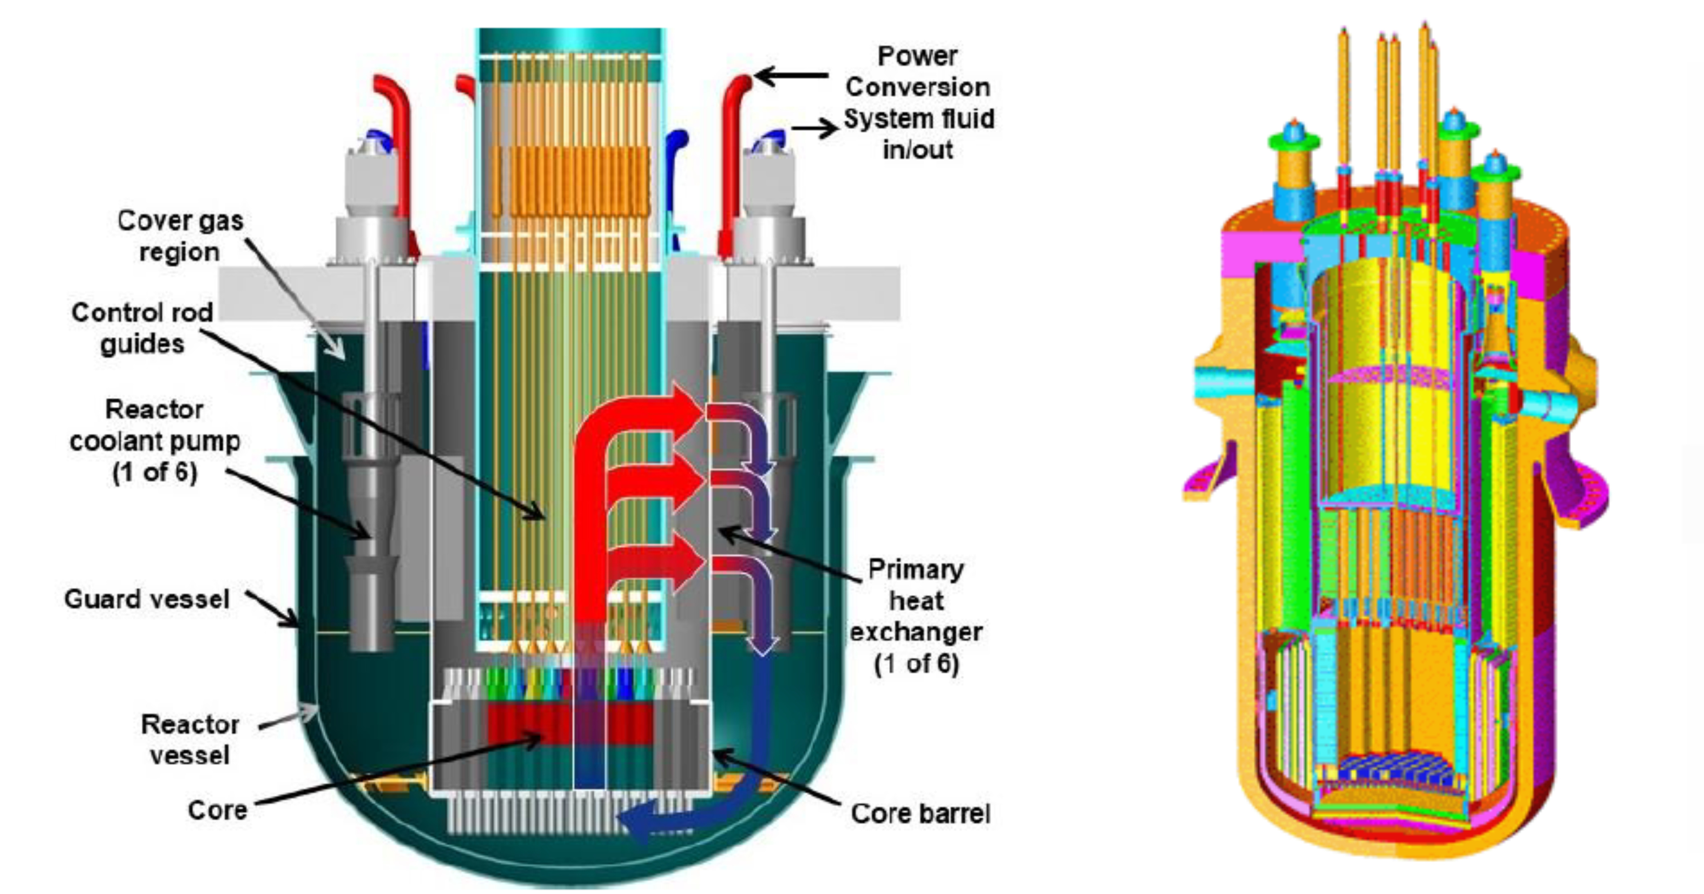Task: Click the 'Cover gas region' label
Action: tap(179, 236)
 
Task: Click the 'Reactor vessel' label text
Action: tap(190, 740)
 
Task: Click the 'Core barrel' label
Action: tap(920, 814)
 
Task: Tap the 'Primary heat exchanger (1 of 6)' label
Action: tap(916, 616)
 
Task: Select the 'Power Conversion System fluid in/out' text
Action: tap(918, 103)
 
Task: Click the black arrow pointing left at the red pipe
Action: tap(791, 76)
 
